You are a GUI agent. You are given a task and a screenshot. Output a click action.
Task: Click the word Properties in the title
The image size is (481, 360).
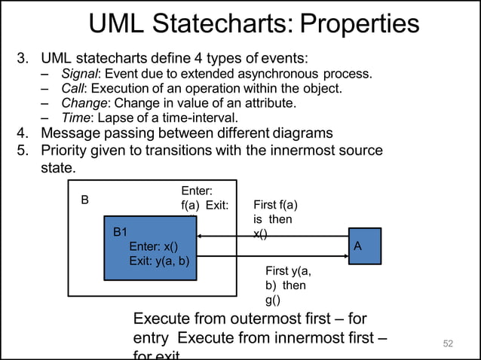pyautogui.click(x=359, y=24)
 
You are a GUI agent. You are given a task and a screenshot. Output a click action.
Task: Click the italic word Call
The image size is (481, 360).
pyautogui.click(x=72, y=88)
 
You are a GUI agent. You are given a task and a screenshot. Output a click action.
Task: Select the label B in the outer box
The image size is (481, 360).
pyautogui.click(x=85, y=200)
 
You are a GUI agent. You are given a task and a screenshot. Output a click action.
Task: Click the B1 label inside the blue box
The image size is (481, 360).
pyautogui.click(x=121, y=233)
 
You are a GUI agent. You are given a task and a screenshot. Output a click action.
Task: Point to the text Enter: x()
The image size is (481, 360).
pyautogui.click(x=154, y=247)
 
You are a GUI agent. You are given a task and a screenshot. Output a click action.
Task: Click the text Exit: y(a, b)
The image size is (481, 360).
pyautogui.click(x=159, y=261)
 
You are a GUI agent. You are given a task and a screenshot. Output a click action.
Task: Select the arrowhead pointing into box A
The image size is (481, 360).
pyautogui.click(x=344, y=256)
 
